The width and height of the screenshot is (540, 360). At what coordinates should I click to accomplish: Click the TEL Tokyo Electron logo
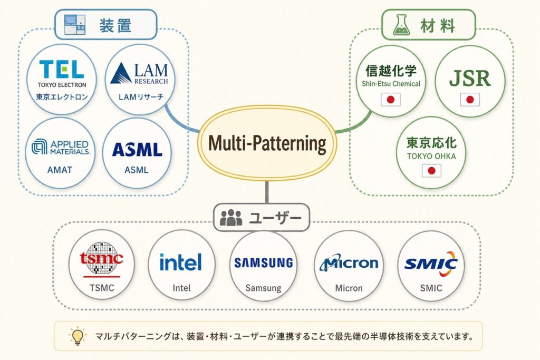coord(62,74)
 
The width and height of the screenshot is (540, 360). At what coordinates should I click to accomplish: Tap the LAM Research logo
coord(139,73)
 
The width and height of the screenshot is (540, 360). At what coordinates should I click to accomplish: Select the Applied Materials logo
coord(61,147)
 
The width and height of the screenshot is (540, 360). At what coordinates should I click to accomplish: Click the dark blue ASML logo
coord(137,150)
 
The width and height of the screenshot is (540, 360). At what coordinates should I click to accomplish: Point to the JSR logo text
coord(470,79)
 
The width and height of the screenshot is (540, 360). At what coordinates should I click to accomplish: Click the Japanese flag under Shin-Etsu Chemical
coord(391,100)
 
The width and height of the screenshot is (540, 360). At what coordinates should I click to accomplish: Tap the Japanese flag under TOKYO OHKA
coord(431,171)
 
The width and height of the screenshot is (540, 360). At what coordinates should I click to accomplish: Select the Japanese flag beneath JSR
coord(470,100)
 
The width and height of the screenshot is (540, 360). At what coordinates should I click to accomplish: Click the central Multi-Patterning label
coord(267,143)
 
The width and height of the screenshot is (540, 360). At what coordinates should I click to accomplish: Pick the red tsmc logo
coord(101,259)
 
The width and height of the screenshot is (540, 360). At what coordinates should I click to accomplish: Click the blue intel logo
coord(180,262)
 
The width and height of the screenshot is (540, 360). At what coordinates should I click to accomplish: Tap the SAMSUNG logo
coord(264,263)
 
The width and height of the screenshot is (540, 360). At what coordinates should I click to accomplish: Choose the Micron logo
coord(349,263)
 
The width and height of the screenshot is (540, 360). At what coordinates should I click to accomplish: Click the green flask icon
coord(401,25)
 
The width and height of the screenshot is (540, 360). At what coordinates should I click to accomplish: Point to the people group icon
coord(231,218)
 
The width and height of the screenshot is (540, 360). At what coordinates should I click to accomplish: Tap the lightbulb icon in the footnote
coord(78,336)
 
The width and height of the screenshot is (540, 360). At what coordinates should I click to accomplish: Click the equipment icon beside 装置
coord(75,25)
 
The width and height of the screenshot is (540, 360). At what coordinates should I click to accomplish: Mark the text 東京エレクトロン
coord(62,97)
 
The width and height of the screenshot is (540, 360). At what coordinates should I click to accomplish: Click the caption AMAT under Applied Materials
coord(60,170)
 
